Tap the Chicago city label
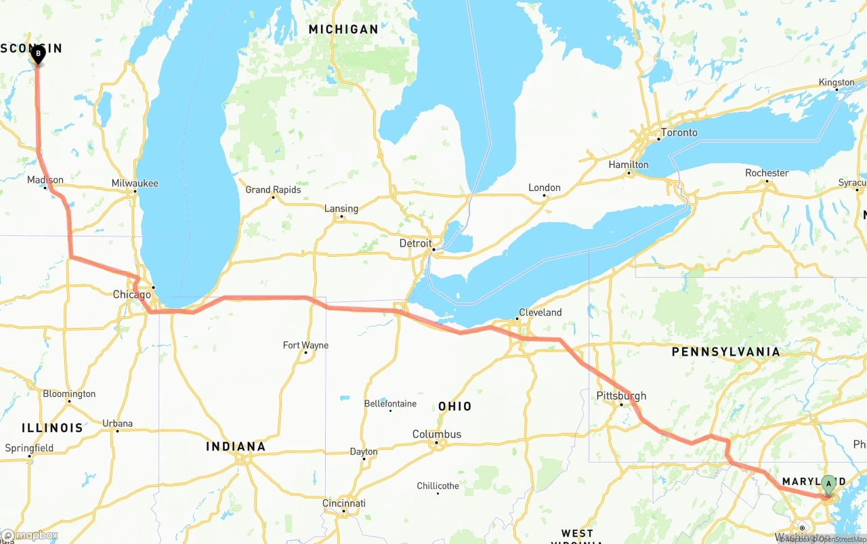(131, 295)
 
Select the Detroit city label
(415, 243)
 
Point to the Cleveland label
(540, 312)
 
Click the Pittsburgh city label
(621, 396)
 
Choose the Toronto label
(679, 133)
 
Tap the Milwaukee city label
(135, 183)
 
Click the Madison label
(45, 180)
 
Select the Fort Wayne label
(305, 346)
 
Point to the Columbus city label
(437, 434)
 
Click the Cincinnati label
(343, 503)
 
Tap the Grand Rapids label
(273, 190)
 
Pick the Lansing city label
(341, 209)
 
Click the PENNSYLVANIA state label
(725, 352)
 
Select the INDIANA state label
(236, 446)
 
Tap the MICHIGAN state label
(343, 29)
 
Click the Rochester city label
(767, 173)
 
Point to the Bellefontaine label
(390, 404)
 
